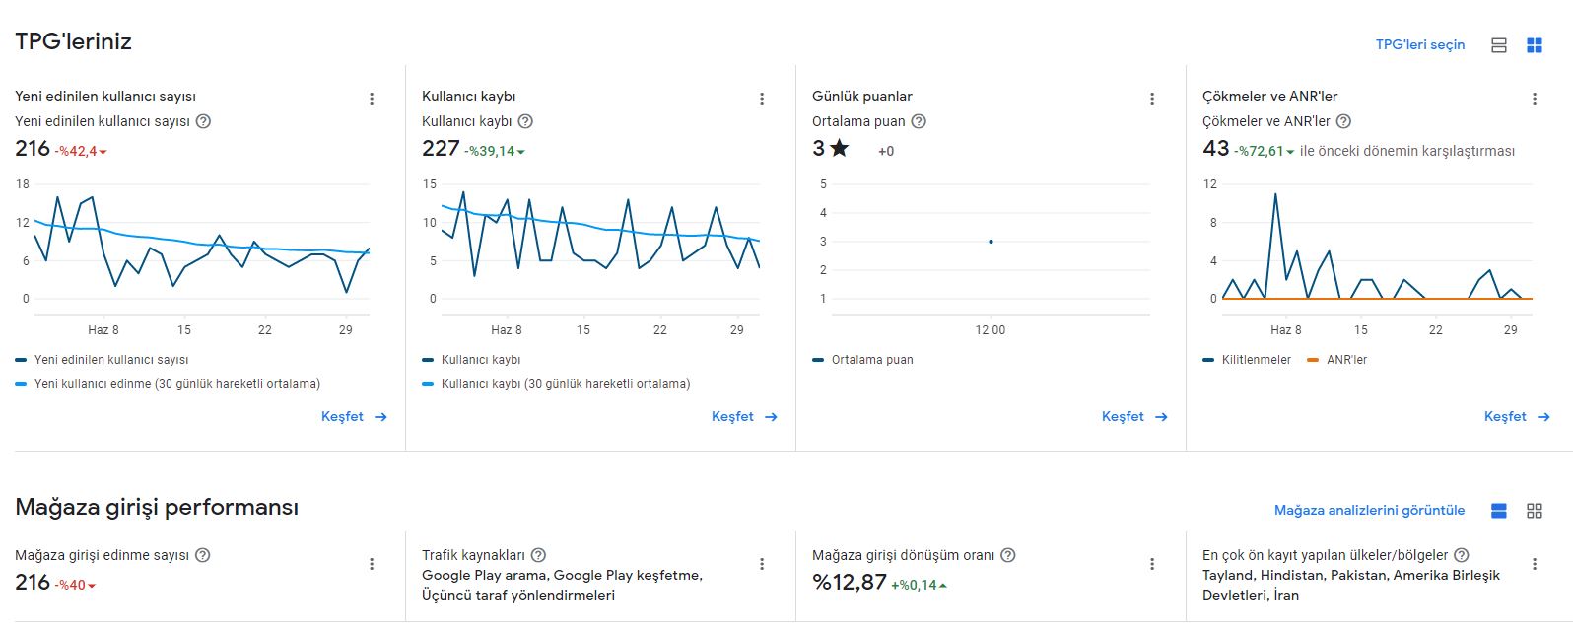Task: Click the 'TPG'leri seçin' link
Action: click(x=1420, y=45)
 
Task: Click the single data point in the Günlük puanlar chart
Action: click(x=991, y=242)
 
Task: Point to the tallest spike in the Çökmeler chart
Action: click(x=1275, y=194)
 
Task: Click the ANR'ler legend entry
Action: click(x=1337, y=360)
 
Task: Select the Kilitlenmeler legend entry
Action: click(x=1247, y=360)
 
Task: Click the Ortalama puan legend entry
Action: click(x=863, y=360)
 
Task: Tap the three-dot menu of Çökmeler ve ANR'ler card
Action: click(x=1535, y=100)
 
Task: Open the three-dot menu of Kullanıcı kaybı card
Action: click(x=762, y=100)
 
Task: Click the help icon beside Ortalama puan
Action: click(x=919, y=121)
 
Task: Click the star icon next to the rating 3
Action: click(x=839, y=148)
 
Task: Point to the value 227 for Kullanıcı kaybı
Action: click(x=441, y=148)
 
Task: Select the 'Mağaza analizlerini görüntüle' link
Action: click(x=1369, y=511)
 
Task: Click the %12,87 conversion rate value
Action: click(x=849, y=582)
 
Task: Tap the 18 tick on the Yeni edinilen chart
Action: click(x=23, y=184)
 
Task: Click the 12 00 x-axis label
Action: click(x=991, y=330)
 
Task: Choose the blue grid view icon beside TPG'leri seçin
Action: click(x=1535, y=45)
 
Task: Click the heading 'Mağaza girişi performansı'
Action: click(x=157, y=507)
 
